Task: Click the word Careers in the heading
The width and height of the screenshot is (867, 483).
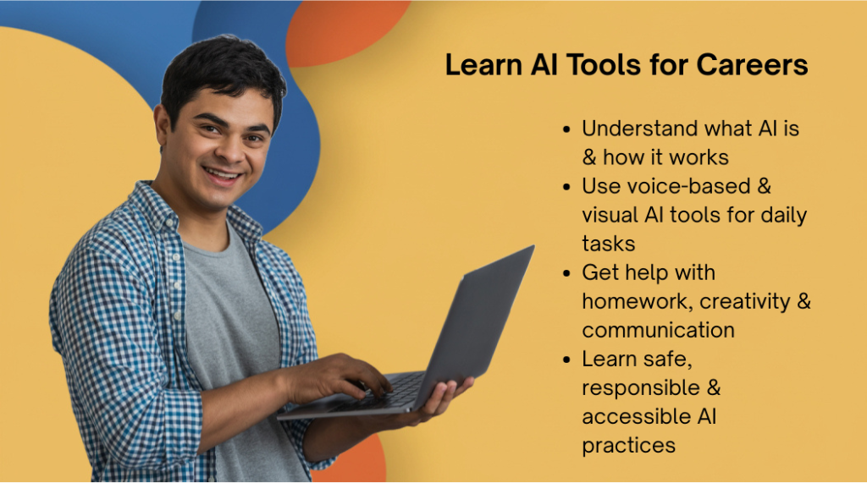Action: coord(752,64)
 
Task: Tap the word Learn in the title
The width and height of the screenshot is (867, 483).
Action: coord(483,64)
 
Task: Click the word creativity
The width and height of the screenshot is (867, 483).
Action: coord(745,302)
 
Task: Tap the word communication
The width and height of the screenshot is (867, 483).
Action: coord(658,330)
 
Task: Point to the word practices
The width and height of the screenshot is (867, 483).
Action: coord(629,446)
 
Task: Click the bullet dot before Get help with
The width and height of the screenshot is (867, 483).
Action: coord(566,273)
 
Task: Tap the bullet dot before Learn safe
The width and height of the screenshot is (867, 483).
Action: coord(566,360)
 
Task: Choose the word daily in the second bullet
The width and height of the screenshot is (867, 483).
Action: coord(784,216)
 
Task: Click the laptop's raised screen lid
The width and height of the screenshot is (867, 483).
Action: coord(476,321)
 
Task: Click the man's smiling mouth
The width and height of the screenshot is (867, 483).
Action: coord(223,176)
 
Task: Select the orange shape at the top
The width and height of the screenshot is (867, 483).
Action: coord(345,30)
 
